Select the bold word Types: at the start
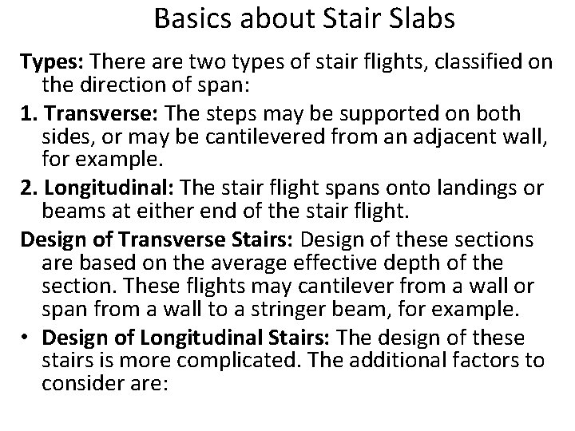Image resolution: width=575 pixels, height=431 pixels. click(50, 63)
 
